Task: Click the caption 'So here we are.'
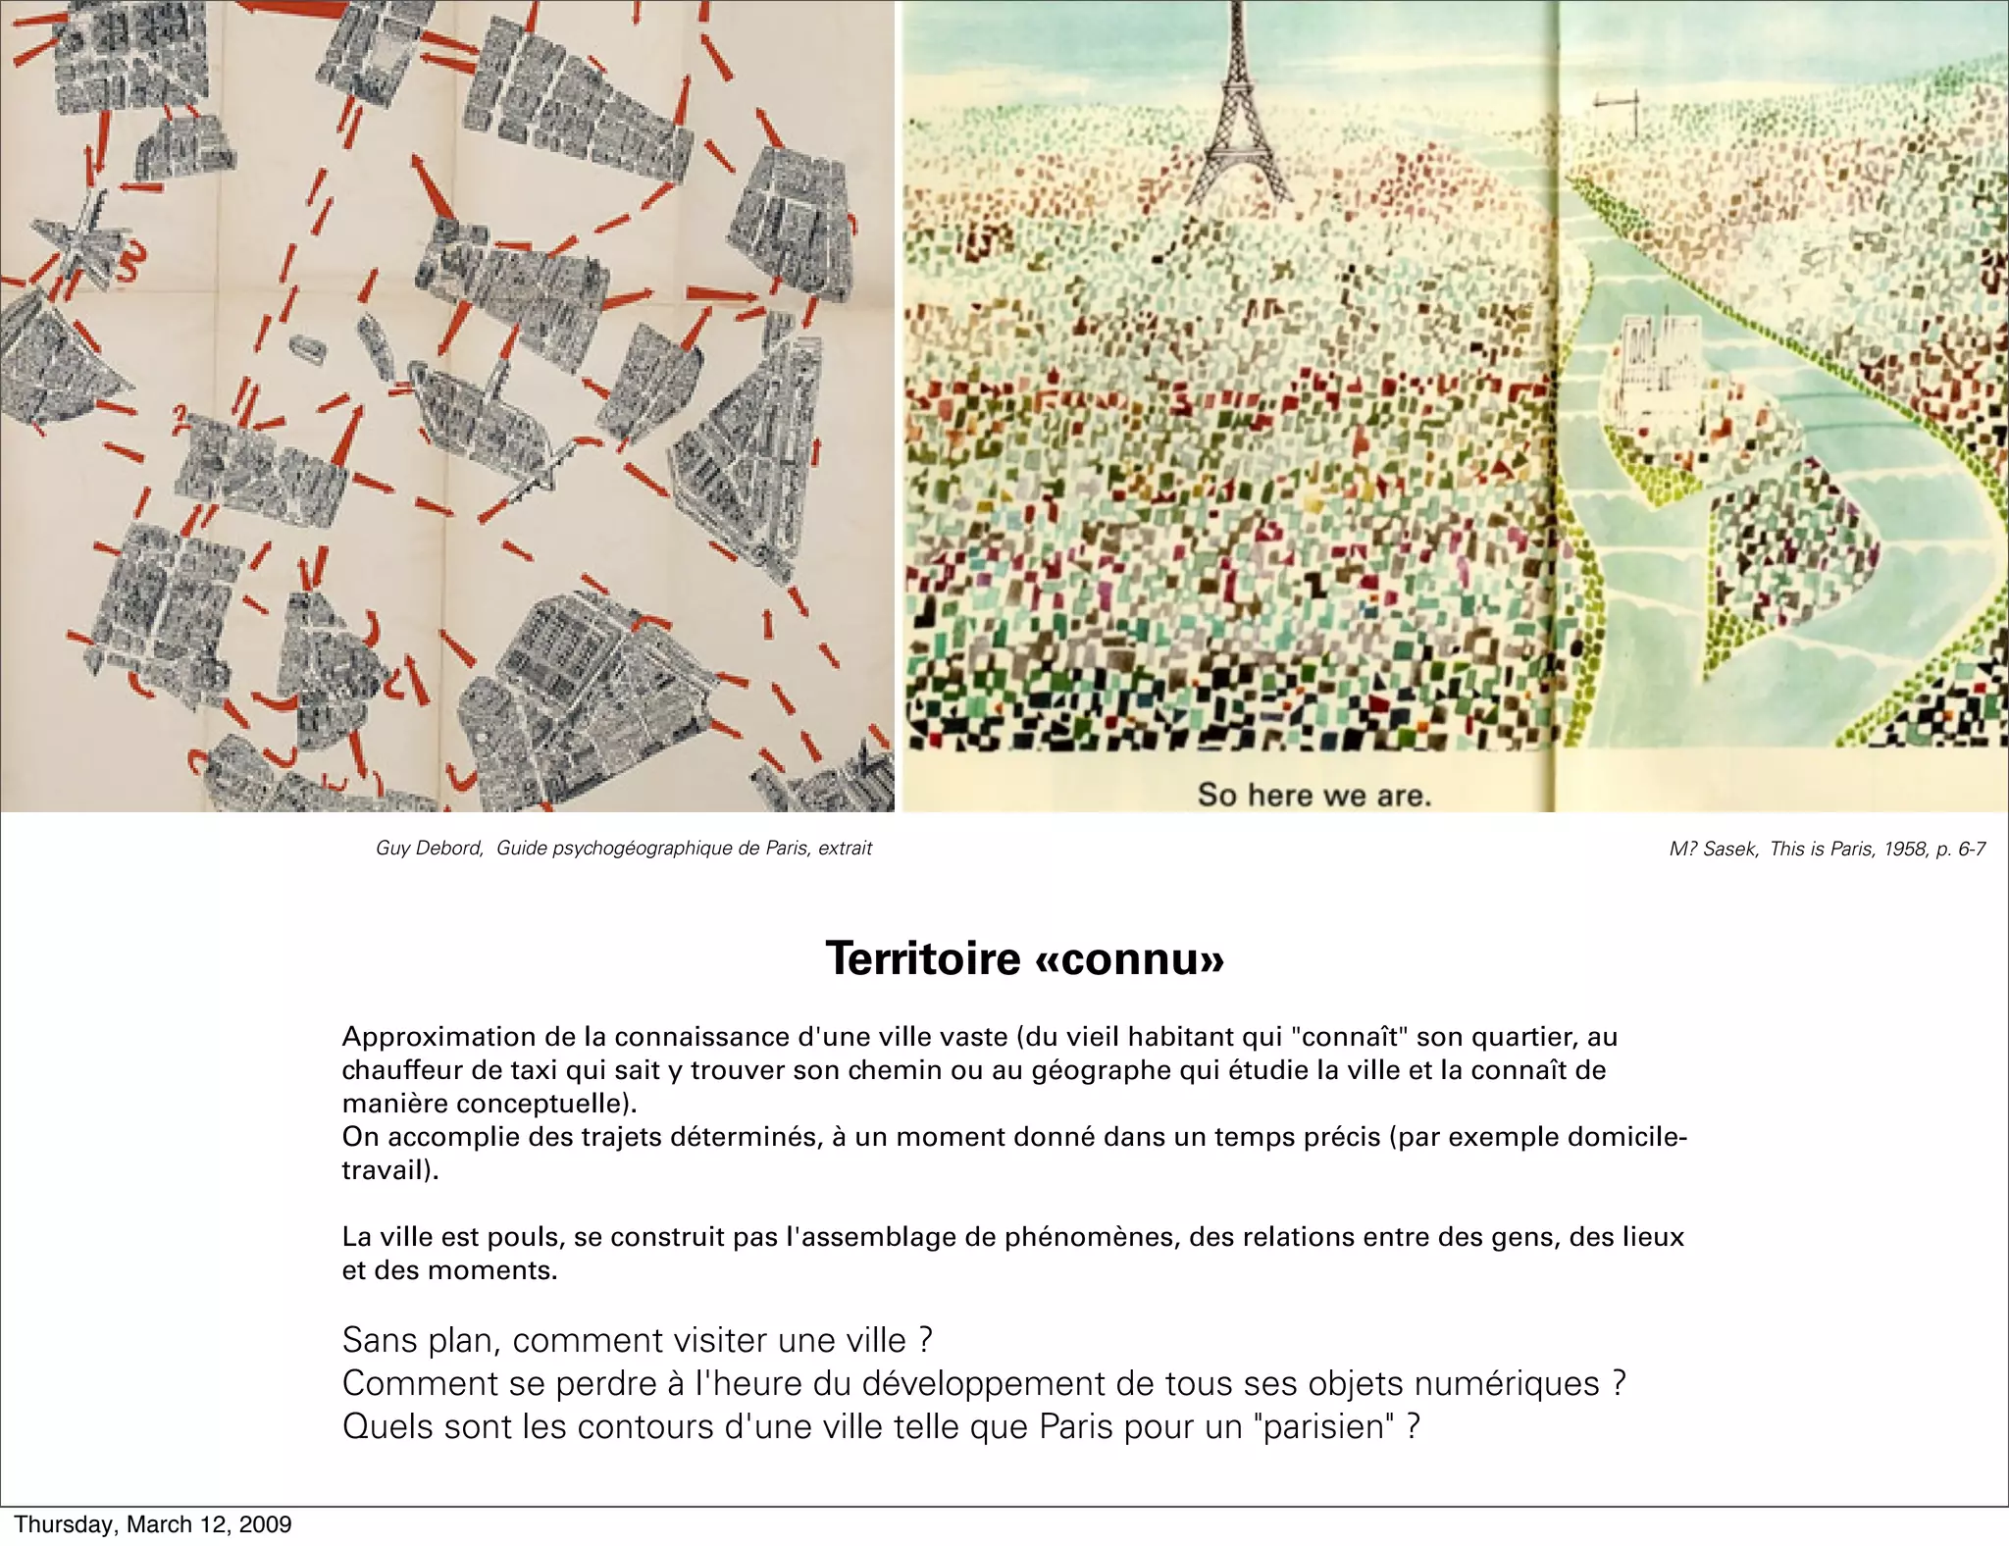coord(1314,795)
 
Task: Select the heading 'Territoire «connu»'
coord(1024,958)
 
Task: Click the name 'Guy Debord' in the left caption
coord(429,849)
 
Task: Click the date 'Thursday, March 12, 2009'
coord(153,1524)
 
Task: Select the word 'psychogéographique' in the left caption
coord(628,849)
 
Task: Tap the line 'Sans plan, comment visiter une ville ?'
coord(637,1340)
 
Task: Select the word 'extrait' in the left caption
coord(845,849)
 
